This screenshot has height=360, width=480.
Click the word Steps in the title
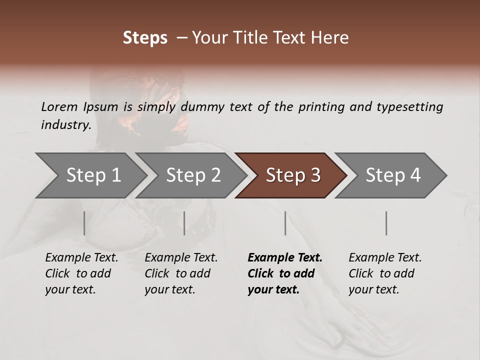pyautogui.click(x=145, y=38)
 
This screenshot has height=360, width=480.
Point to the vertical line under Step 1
pyautogui.click(x=84, y=223)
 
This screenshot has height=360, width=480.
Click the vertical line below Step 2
pyautogui.click(x=184, y=223)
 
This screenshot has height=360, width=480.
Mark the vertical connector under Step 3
pyautogui.click(x=285, y=223)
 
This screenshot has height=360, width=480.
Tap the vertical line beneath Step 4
pyautogui.click(x=386, y=223)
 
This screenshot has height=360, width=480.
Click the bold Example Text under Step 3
pyautogui.click(x=285, y=258)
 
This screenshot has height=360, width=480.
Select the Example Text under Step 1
pyautogui.click(x=81, y=258)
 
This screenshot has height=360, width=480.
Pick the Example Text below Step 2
pyautogui.click(x=181, y=258)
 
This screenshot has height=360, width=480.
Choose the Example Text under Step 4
pyautogui.click(x=385, y=258)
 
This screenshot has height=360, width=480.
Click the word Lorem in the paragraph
pyautogui.click(x=59, y=107)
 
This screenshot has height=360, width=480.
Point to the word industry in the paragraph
pyautogui.click(x=65, y=125)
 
